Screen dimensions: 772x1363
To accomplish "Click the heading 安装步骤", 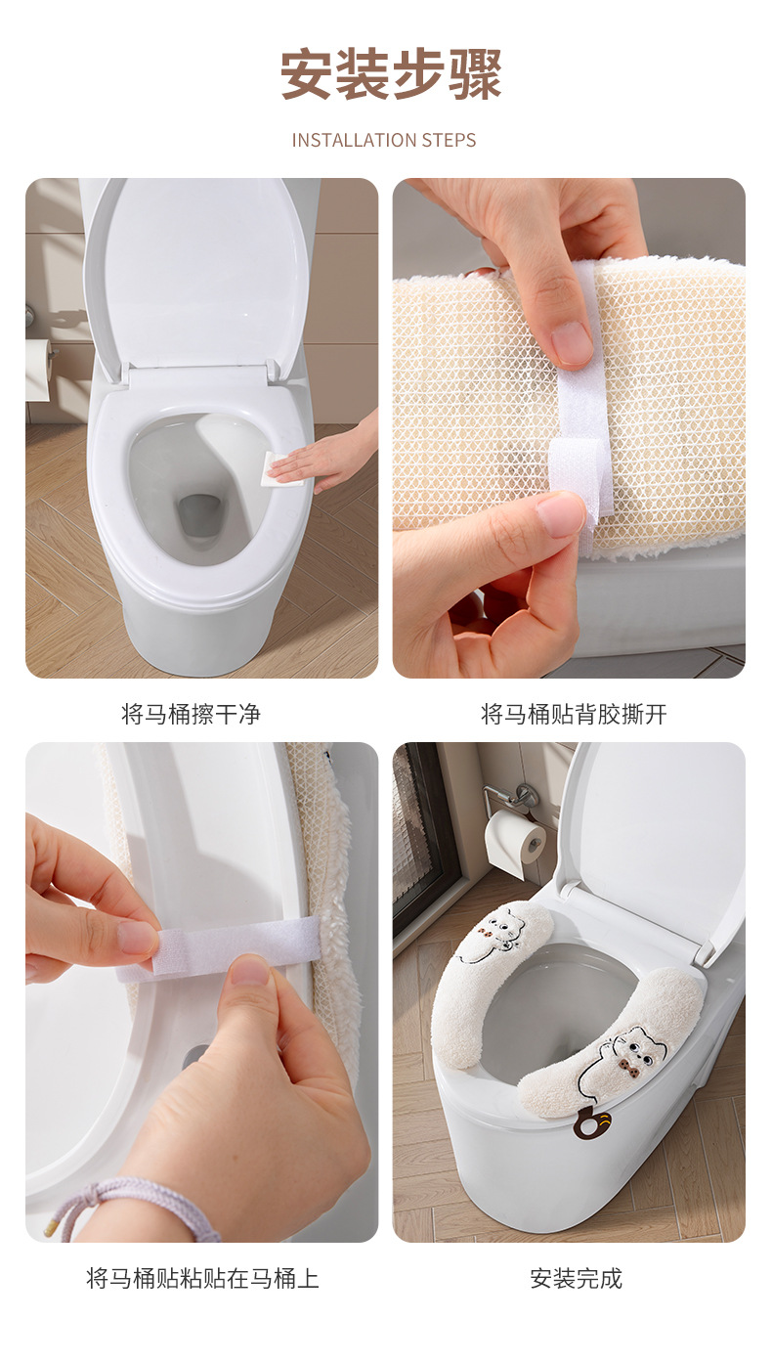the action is (x=391, y=74).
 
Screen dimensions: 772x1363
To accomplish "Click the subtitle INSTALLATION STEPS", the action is (x=384, y=141).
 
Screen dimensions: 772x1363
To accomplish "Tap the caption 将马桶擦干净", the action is (x=191, y=714).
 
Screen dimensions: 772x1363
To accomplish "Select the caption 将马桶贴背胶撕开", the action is (x=574, y=714).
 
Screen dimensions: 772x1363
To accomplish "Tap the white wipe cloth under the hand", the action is (x=281, y=469).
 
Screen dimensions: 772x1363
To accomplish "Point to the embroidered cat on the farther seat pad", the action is (x=493, y=936).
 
